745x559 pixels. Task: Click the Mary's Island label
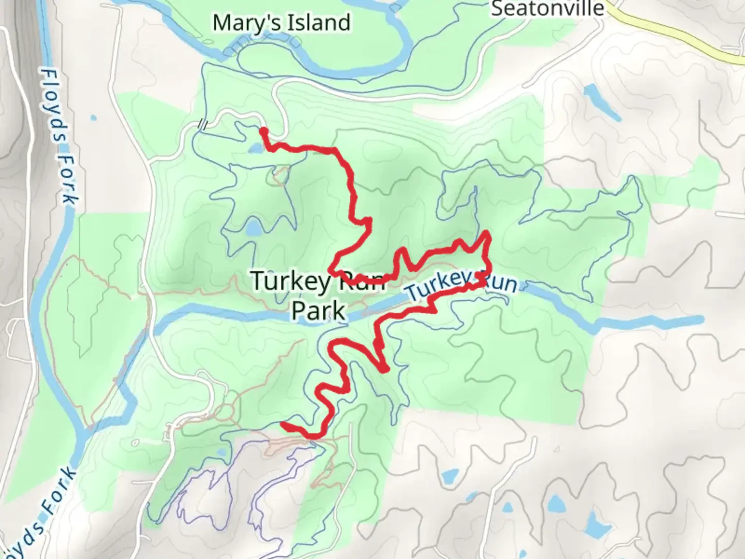pos(281,23)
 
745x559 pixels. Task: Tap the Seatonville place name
pos(547,8)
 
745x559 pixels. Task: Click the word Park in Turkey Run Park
pos(318,311)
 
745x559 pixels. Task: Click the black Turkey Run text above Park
pos(317,281)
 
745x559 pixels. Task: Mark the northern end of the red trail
pos(263,130)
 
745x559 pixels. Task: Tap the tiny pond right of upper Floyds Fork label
pos(93,118)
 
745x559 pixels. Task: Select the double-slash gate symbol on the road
pos(204,124)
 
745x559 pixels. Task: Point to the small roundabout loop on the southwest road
pos(226,412)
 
